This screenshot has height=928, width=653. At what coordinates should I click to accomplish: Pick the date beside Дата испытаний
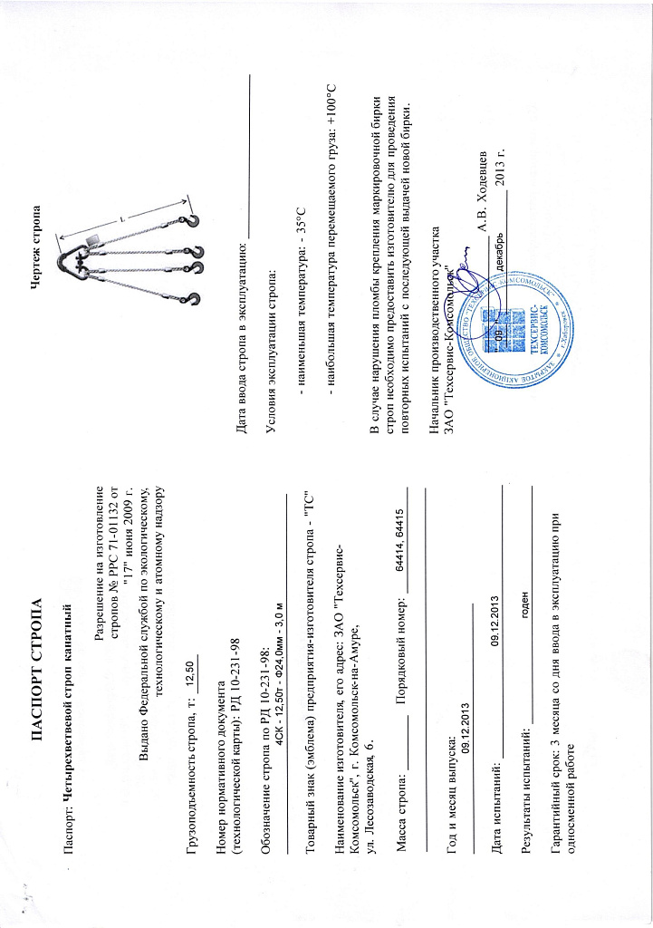[x=495, y=617]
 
